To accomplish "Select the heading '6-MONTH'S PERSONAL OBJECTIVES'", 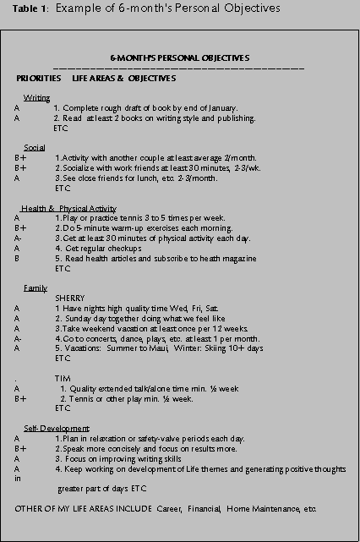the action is click(179, 57).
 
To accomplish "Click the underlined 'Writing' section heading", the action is click(37, 98).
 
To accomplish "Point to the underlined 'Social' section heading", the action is click(35, 147).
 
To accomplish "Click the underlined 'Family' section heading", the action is click(35, 287).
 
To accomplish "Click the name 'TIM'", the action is click(61, 378).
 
